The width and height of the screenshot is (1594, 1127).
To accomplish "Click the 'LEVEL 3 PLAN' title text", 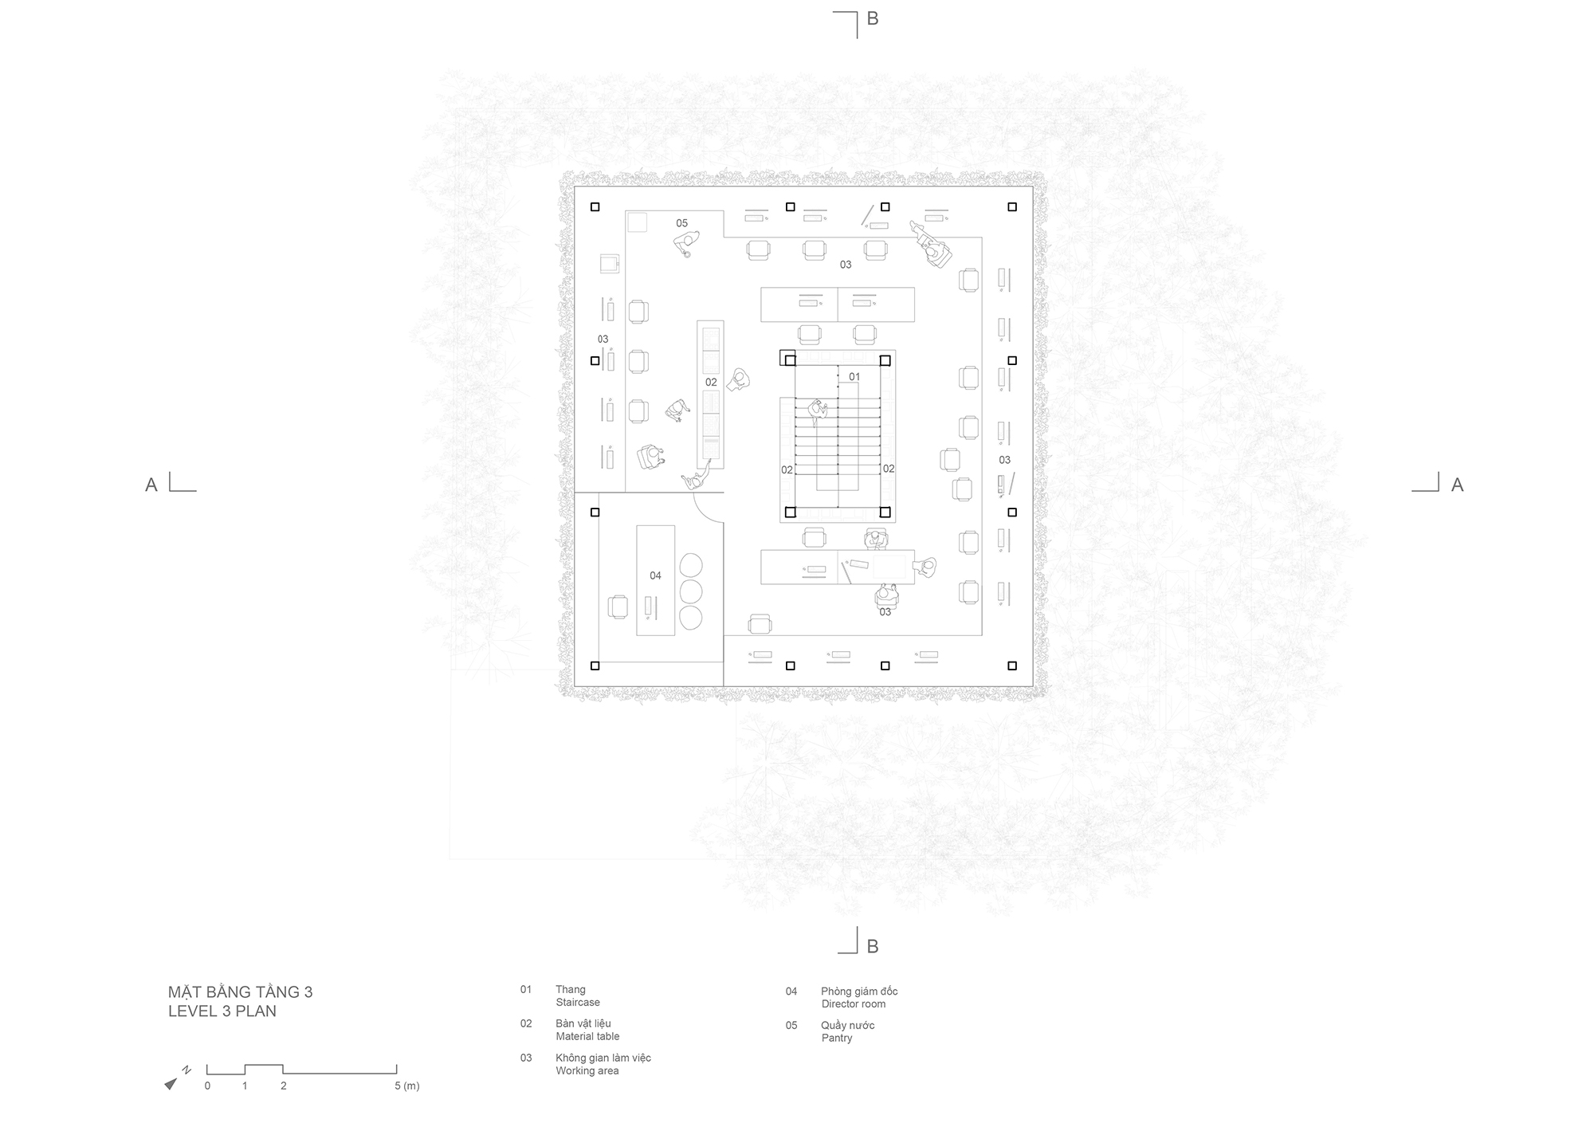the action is [x=222, y=1011].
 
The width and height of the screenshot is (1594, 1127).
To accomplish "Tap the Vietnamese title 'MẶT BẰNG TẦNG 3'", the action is [x=240, y=992].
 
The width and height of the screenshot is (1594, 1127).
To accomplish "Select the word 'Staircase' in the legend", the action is [x=578, y=1003].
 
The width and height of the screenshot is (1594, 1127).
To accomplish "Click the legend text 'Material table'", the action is [x=587, y=1037].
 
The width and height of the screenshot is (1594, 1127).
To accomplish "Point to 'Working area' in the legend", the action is [x=587, y=1071].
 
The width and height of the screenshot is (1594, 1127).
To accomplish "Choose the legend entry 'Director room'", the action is [x=854, y=1004].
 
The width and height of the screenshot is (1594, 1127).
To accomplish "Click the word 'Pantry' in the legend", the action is [x=837, y=1039].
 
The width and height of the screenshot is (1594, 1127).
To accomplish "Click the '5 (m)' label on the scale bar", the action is [x=406, y=1086].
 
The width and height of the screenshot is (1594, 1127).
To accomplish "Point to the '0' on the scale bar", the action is [x=207, y=1086].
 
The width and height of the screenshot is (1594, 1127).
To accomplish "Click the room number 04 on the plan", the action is [x=655, y=575].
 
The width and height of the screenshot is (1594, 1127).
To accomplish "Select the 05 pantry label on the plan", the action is [x=681, y=223].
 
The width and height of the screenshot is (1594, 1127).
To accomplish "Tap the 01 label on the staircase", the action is [x=854, y=377].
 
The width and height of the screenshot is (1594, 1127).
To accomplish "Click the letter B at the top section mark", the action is [x=873, y=18].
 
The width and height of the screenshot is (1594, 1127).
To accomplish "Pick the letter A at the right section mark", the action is [x=1457, y=485].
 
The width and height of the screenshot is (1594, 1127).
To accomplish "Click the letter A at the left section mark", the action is [x=151, y=485].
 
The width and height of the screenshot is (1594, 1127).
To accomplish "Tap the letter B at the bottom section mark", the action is [x=873, y=946].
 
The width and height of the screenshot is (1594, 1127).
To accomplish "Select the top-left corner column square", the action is [x=595, y=207].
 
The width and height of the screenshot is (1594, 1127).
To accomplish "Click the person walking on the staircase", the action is [x=818, y=411].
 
